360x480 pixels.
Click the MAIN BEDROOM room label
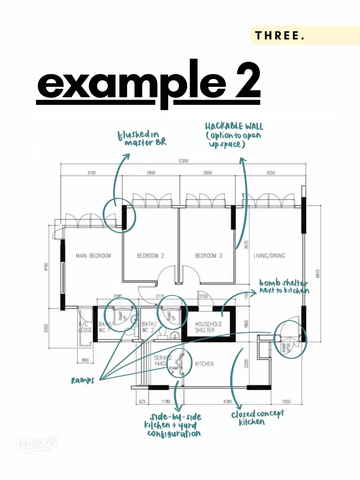click(93, 256)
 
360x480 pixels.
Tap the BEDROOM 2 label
click(150, 256)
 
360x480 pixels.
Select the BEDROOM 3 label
click(208, 256)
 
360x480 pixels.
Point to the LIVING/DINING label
click(269, 256)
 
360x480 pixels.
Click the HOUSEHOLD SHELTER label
click(208, 327)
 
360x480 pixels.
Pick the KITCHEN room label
click(204, 364)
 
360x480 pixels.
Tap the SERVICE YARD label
click(162, 360)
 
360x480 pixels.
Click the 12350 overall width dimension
click(183, 161)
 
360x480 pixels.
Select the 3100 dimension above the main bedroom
click(91, 173)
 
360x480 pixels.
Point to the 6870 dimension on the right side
click(318, 274)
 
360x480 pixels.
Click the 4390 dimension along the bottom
click(227, 401)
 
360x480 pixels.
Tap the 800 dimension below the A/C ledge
click(85, 360)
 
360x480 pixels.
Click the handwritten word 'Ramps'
click(83, 380)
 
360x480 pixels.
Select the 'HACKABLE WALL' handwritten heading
click(234, 127)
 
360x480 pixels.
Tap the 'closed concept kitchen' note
click(257, 418)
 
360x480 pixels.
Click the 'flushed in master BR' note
click(142, 138)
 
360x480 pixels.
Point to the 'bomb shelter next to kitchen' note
click(284, 287)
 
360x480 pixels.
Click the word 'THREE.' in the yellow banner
click(279, 35)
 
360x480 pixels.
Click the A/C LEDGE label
click(85, 327)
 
